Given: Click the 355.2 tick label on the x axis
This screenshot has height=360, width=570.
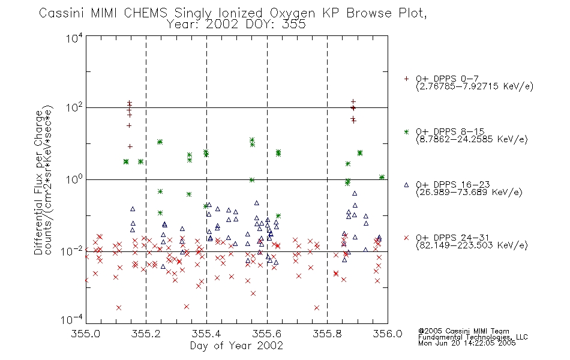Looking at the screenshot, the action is pyautogui.click(x=146, y=334).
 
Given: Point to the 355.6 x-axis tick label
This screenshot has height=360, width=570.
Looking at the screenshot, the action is pyautogui.click(x=267, y=334).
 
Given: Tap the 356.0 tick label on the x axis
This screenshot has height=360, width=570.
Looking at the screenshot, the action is pyautogui.click(x=388, y=334).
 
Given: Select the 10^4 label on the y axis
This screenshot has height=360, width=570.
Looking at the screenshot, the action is pyautogui.click(x=74, y=38).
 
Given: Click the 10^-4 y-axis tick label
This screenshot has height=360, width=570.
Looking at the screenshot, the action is pyautogui.click(x=71, y=320).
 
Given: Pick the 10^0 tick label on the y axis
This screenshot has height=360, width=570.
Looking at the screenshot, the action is pyautogui.click(x=74, y=179).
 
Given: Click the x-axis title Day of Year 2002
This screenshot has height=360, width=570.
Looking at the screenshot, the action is pyautogui.click(x=236, y=346).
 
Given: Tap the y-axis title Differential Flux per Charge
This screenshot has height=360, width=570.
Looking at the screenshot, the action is pyautogui.click(x=38, y=182).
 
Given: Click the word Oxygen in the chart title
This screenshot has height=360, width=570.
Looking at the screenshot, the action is pyautogui.click(x=292, y=13).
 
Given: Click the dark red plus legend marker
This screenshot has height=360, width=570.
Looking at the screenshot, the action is pyautogui.click(x=406, y=79).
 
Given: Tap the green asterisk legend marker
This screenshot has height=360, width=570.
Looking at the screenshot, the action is pyautogui.click(x=406, y=131).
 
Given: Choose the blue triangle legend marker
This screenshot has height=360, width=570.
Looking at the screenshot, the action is pyautogui.click(x=406, y=185).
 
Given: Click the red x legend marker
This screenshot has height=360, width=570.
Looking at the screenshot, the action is pyautogui.click(x=406, y=238).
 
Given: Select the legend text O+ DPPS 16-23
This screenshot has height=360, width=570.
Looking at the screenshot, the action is pyautogui.click(x=453, y=184).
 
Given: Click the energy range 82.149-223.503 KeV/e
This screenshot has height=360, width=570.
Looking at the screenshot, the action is pyautogui.click(x=472, y=245).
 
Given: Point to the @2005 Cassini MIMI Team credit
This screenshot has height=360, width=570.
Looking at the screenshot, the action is pyautogui.click(x=463, y=331).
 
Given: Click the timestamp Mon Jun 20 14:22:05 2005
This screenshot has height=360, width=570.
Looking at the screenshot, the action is pyautogui.click(x=467, y=343).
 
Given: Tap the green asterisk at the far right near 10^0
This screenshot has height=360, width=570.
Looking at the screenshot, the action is pyautogui.click(x=382, y=177).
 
